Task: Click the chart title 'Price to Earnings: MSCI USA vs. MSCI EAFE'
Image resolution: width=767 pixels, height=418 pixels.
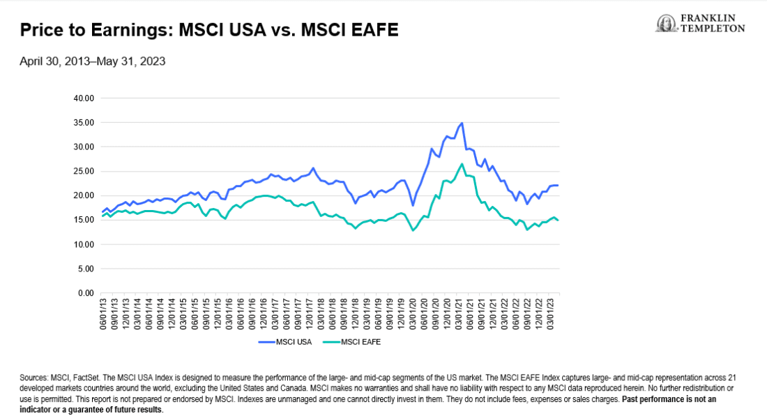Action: pyautogui.click(x=209, y=31)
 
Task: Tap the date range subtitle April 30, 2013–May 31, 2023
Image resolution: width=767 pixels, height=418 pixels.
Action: pyautogui.click(x=92, y=61)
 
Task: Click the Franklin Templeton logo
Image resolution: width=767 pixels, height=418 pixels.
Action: pyautogui.click(x=700, y=24)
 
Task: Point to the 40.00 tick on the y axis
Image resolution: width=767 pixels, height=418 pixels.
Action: pyautogui.click(x=83, y=98)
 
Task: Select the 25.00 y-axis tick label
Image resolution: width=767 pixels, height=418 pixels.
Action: pyautogui.click(x=83, y=171)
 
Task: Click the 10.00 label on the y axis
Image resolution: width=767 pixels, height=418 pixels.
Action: pyautogui.click(x=83, y=244)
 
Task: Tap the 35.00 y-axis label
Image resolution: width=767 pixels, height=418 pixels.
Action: pyautogui.click(x=83, y=122)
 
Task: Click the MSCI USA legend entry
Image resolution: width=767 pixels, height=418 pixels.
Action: pyautogui.click(x=283, y=343)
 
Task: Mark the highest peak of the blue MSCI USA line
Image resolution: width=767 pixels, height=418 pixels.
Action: pyautogui.click(x=462, y=123)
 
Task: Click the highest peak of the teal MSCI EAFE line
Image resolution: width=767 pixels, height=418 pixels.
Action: pyautogui.click(x=462, y=164)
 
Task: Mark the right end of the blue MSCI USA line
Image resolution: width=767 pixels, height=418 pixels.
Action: pyautogui.click(x=558, y=185)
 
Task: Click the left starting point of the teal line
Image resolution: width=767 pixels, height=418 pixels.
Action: pyautogui.click(x=102, y=216)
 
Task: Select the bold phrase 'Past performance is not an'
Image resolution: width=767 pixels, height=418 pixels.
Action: pyautogui.click(x=669, y=399)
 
